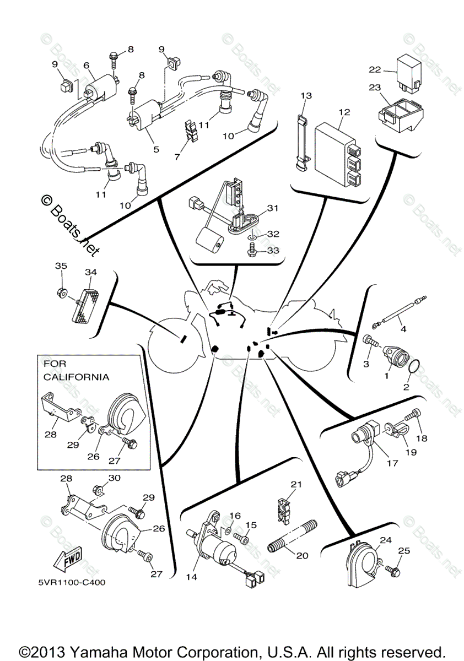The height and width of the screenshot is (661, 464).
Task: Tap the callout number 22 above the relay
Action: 375,70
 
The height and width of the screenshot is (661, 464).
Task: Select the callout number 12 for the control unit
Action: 344,112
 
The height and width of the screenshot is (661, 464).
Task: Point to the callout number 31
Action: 274,208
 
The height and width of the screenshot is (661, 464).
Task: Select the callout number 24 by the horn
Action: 385,540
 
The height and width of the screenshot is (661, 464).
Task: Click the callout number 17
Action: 392,463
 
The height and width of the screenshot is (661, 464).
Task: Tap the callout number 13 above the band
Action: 306,96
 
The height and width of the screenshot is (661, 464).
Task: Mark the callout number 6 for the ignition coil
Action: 87,65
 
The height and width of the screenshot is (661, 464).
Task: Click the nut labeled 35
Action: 62,290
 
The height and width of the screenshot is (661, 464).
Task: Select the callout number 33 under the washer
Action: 273,251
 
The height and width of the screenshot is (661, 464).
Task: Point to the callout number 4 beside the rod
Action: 403,329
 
